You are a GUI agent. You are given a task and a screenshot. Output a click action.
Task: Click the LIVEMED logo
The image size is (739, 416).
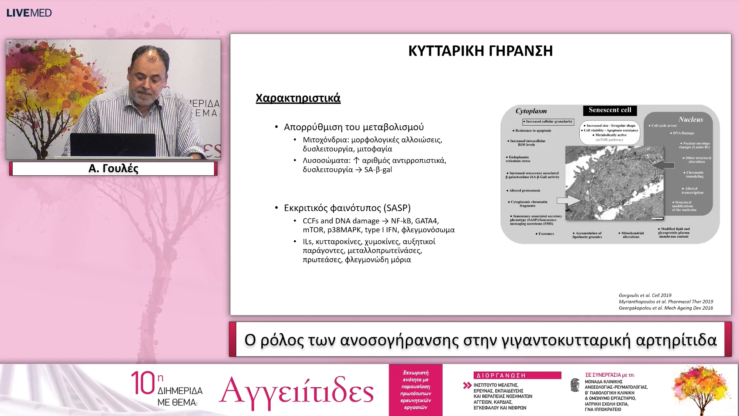[29, 13]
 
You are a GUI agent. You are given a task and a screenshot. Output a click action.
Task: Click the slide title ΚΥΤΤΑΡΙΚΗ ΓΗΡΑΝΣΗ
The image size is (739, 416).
[480, 51]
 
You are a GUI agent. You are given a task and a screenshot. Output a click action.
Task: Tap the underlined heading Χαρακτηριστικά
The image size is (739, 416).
[298, 98]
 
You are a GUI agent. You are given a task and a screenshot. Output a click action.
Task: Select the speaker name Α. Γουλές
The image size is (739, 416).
[113, 168]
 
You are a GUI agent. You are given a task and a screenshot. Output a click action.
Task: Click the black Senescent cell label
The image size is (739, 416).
[610, 110]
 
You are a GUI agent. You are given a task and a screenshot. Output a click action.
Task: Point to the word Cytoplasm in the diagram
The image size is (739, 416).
[531, 111]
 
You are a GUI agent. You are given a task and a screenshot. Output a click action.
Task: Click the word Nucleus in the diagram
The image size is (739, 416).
[691, 119]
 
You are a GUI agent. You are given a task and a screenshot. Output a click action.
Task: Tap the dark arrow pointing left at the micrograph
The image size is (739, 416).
[664, 165]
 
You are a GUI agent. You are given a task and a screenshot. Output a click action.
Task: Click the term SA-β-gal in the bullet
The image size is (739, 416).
[378, 170]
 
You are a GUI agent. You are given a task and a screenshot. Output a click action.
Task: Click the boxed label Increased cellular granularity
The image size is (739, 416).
[548, 122]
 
